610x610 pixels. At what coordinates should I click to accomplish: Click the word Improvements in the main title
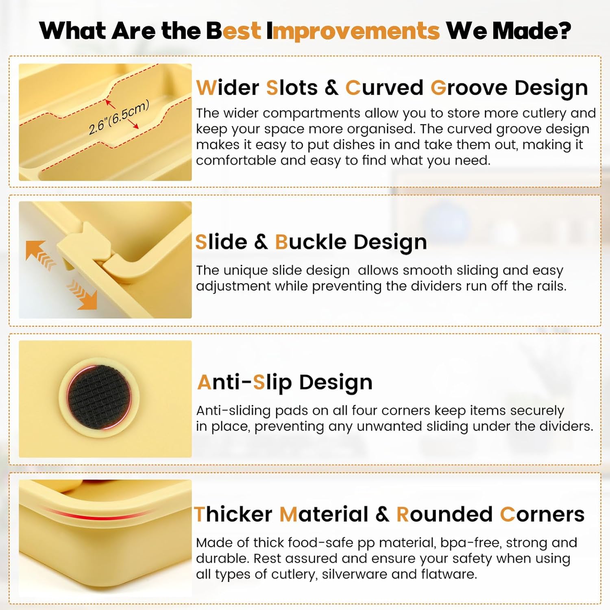pos(353,30)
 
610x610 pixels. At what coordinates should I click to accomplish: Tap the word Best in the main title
pos(233,30)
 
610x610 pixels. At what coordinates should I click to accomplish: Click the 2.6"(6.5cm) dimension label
pos(119,117)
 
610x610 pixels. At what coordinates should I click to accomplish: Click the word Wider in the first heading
pos(228,88)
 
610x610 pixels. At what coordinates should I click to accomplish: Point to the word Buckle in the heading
pos(311,242)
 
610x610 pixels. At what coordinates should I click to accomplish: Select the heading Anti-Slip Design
pos(285,382)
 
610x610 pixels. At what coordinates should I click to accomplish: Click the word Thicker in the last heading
pos(233,514)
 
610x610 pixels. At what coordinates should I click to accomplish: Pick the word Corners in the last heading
pos(542,514)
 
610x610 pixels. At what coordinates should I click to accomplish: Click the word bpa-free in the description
pos(467,543)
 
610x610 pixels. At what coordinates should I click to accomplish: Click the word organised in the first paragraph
pos(351,129)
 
